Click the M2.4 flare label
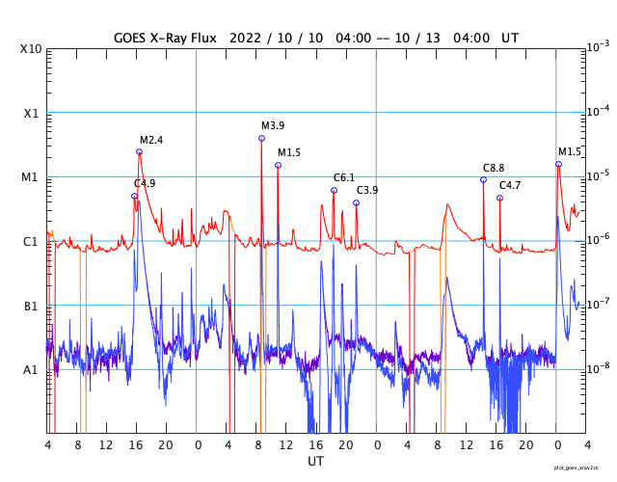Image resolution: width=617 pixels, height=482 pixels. [151, 140]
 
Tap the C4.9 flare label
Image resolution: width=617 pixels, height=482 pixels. [145, 183]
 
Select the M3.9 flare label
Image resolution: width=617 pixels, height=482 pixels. [273, 126]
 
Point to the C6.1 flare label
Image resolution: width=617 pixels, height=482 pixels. [344, 177]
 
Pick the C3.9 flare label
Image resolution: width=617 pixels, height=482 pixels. [367, 190]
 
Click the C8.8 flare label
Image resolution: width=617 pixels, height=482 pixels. [494, 168]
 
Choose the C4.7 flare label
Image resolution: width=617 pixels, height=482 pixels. [510, 185]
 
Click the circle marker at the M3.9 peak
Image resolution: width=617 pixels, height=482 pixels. [261, 138]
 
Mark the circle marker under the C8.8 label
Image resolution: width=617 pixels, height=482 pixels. [483, 179]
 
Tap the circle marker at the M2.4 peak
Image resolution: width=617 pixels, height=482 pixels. [139, 151]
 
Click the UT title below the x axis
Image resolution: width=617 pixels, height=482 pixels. [315, 462]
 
